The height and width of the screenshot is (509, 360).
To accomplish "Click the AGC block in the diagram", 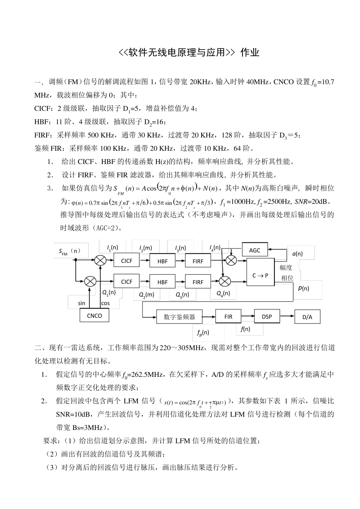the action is click(x=255, y=250).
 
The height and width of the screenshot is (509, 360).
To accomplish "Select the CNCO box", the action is click(x=94, y=315).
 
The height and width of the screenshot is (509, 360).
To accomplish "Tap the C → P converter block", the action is click(x=260, y=275).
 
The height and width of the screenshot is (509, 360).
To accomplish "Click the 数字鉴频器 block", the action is click(x=179, y=317).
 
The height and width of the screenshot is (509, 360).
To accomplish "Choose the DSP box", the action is click(x=267, y=317).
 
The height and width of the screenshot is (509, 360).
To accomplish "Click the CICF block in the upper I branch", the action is click(x=127, y=261).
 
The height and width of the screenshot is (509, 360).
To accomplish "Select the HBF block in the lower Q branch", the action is click(x=162, y=282).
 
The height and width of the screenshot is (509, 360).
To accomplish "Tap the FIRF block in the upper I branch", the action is click(x=198, y=261).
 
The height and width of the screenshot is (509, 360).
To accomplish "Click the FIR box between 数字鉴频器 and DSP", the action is click(x=228, y=317).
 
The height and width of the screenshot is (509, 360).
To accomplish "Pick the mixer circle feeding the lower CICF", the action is click(x=90, y=281).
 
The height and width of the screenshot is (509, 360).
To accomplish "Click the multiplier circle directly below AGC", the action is click(x=231, y=260).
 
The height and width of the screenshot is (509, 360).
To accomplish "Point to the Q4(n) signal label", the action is click(x=223, y=293).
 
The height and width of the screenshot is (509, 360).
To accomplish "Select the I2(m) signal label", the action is click(x=146, y=248).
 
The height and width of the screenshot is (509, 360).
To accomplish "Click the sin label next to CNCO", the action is click(x=81, y=303).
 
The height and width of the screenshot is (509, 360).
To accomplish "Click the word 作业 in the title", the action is click(x=250, y=52).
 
